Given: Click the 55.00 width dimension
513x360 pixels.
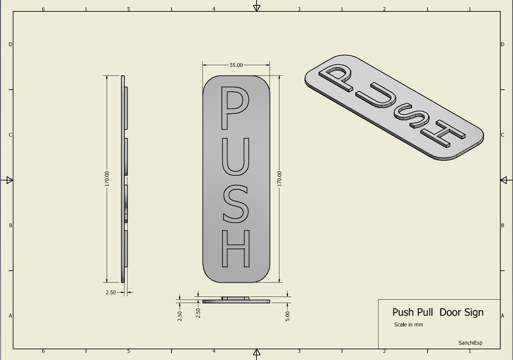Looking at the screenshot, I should point(236,65).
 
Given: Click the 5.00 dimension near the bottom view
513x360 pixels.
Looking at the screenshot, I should point(288,316).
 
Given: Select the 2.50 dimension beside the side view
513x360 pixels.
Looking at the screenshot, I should point(111,292).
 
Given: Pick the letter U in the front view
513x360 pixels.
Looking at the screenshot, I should point(235,157).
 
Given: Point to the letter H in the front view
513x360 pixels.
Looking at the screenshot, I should point(236,248).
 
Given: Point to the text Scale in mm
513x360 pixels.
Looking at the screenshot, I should point(408,324).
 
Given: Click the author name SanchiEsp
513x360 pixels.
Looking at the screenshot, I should point(470,343).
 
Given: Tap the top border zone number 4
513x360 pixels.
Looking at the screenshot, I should point(214,9).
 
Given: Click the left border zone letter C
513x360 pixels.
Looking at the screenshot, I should point(10,135).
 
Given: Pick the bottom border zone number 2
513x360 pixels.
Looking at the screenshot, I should point(384,351).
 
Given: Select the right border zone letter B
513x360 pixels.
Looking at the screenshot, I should point(502,225).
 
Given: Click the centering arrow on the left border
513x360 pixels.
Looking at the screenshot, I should point(9,180).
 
